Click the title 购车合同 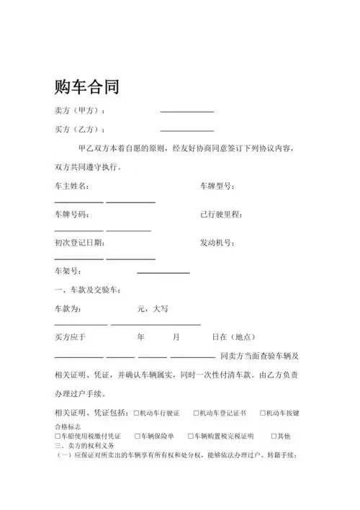coord(86,87)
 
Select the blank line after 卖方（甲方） coord(186,112)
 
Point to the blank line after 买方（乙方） coord(186,130)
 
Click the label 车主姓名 coord(72,187)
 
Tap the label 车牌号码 coord(72,215)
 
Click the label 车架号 coord(68,272)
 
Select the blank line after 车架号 coord(163,273)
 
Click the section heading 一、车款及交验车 coord(87,290)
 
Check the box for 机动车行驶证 coord(137,413)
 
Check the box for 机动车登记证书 coord(197,413)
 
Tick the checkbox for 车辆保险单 coord(137,437)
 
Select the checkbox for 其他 coord(271,437)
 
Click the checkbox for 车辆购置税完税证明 coord(191,437)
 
